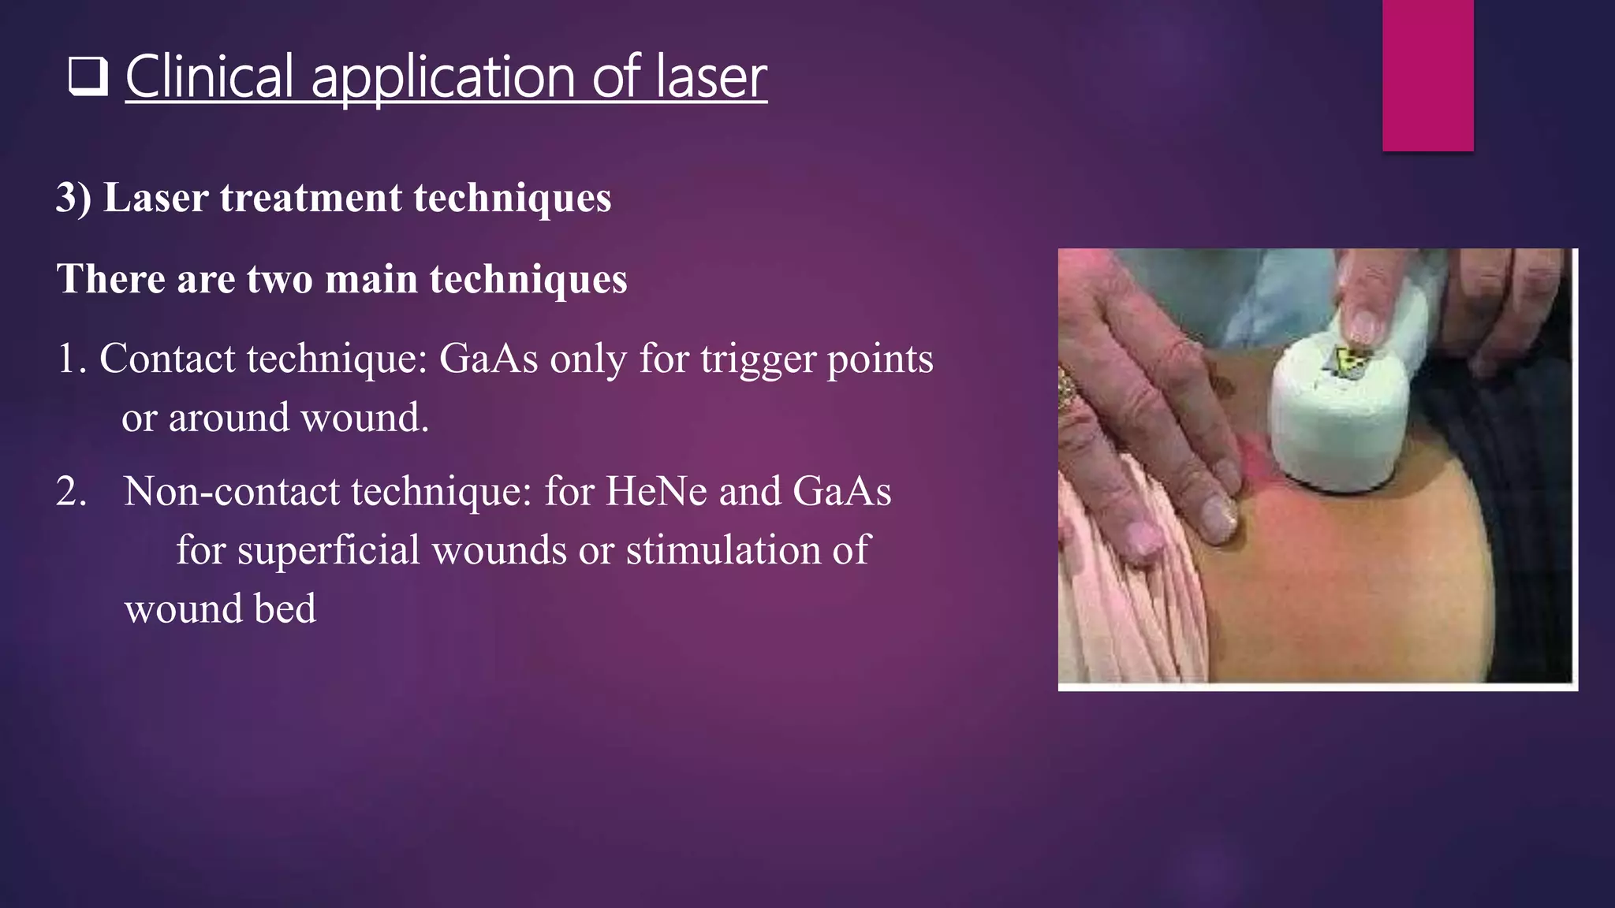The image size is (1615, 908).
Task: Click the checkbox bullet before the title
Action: (x=88, y=77)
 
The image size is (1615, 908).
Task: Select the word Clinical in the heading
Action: (x=210, y=77)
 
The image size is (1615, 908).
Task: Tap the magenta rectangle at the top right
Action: (x=1427, y=75)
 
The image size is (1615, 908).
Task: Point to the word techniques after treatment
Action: (x=512, y=197)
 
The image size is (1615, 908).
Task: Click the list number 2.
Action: (x=71, y=491)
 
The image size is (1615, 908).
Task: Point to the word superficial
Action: (x=328, y=549)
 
